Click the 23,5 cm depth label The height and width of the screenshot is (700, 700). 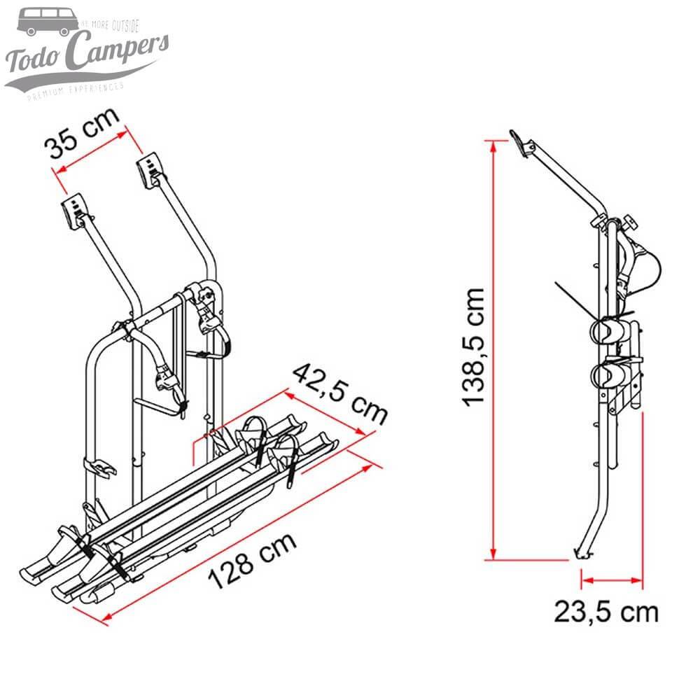click(606, 611)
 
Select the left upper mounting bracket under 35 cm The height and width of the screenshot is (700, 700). click(75, 209)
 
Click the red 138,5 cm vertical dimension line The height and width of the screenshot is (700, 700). click(495, 350)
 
